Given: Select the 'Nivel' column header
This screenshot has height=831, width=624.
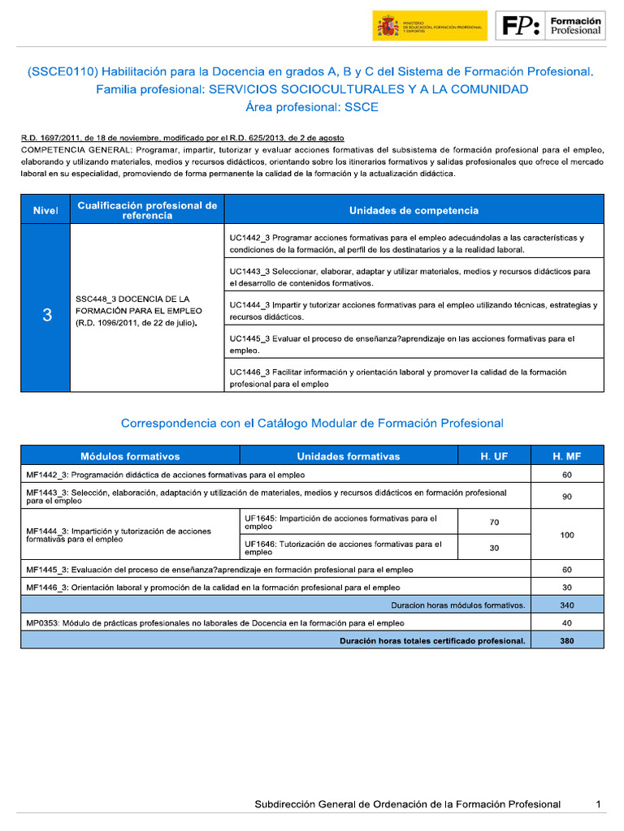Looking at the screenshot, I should [45, 210].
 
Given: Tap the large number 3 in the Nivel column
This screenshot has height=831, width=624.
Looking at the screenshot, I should [46, 316].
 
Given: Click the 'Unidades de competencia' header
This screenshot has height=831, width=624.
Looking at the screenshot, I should [414, 210].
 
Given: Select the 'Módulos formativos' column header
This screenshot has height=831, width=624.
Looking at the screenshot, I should [130, 456].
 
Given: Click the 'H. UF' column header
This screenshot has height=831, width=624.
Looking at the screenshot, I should [494, 456].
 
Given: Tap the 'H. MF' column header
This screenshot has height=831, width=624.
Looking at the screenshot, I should [566, 456].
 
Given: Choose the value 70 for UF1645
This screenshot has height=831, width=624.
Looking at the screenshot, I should [494, 523].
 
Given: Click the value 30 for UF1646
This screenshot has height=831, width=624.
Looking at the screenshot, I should [494, 548].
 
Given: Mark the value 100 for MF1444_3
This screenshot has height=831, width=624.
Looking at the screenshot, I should [566, 535].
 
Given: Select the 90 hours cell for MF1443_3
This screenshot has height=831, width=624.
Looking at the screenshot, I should [566, 497].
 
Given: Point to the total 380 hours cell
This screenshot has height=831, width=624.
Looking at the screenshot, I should [566, 640].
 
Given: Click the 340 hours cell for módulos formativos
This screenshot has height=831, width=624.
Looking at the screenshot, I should [566, 605].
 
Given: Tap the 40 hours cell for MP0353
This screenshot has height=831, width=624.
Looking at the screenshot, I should [566, 622].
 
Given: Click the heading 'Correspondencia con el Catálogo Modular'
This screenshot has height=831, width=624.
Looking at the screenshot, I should [312, 423].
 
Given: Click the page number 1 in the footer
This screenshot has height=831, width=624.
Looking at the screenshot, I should [598, 804].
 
